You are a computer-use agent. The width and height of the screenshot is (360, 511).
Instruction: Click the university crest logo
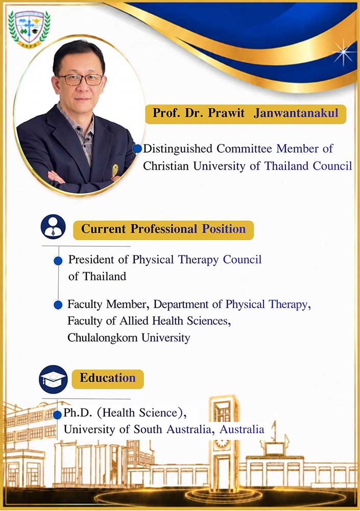[x=29, y=28]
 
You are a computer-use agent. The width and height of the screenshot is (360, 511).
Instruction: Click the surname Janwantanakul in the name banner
[x=296, y=113]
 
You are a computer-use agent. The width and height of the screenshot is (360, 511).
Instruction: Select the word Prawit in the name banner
[x=226, y=113]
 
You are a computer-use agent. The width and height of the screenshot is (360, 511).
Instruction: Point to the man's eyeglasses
[x=80, y=79]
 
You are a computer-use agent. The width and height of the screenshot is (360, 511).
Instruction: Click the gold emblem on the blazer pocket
[x=115, y=170]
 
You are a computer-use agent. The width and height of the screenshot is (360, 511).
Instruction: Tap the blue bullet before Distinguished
[x=137, y=149]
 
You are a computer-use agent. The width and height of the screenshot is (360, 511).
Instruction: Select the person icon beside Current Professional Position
[x=53, y=227]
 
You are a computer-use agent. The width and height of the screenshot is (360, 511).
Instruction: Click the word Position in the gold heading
[x=224, y=229]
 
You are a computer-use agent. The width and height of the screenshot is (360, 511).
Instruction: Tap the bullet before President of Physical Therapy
[x=58, y=261]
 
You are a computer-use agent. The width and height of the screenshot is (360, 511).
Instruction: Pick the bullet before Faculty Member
[x=58, y=305]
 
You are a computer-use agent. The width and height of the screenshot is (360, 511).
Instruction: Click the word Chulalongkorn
[x=102, y=338]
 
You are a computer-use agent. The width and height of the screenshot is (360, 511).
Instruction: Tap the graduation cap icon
[x=53, y=379]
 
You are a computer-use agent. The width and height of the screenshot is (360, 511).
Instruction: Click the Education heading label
[x=108, y=379]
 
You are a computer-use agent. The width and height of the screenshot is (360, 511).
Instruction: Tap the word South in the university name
[x=148, y=430]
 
